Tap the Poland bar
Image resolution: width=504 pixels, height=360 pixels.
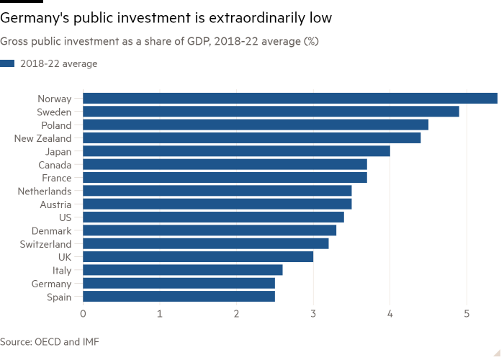(256, 125)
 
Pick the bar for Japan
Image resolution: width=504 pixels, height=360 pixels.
(237, 151)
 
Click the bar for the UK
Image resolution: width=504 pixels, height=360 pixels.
(199, 256)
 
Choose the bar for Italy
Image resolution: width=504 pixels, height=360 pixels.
(184, 270)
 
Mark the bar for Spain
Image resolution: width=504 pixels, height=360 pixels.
(179, 296)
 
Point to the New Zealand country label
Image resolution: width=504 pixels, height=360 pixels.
(43, 138)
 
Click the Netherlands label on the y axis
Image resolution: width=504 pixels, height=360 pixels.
(44, 191)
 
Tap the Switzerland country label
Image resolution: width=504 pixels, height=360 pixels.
(45, 243)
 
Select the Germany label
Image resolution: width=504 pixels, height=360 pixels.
(50, 283)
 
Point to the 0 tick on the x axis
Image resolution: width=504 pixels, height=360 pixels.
(84, 315)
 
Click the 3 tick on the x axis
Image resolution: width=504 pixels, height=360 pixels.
(313, 315)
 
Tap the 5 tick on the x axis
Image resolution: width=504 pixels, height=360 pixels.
(467, 315)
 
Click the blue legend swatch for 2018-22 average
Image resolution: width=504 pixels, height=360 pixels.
(7, 64)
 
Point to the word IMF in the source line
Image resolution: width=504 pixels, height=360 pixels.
(89, 342)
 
